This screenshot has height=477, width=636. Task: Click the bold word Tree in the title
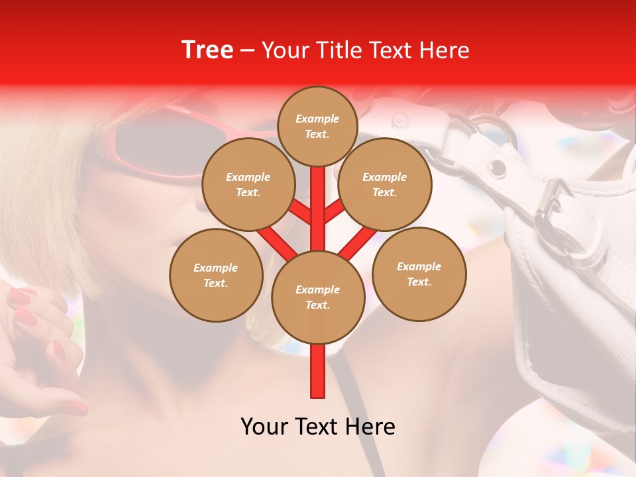click(x=207, y=50)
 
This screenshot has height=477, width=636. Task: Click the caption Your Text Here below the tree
click(x=317, y=427)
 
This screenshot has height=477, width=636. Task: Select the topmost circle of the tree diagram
click(x=317, y=126)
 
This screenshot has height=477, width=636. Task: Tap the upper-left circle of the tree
click(x=248, y=184)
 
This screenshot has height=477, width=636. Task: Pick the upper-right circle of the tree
click(x=384, y=184)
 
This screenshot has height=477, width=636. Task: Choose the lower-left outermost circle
click(x=216, y=275)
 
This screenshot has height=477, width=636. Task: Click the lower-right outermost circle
click(x=419, y=274)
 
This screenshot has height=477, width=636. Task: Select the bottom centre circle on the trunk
click(x=318, y=297)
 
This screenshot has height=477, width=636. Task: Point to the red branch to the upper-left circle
click(x=297, y=211)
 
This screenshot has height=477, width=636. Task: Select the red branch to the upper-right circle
click(x=335, y=211)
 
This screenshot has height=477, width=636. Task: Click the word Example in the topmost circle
click(x=317, y=119)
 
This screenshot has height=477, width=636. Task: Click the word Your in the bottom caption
click(x=264, y=427)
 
